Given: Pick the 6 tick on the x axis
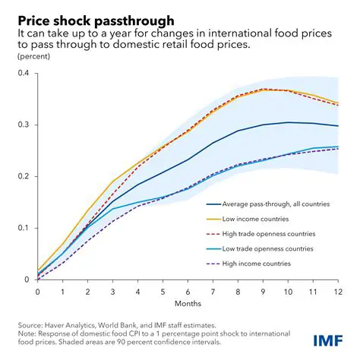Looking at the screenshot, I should (188, 291).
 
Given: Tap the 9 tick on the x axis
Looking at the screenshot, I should (263, 291).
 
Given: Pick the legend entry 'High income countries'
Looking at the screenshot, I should (255, 263).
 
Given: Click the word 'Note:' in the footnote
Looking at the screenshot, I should (28, 331).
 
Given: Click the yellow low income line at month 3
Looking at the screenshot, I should (112, 182).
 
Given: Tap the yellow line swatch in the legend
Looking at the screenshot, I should (215, 219).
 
